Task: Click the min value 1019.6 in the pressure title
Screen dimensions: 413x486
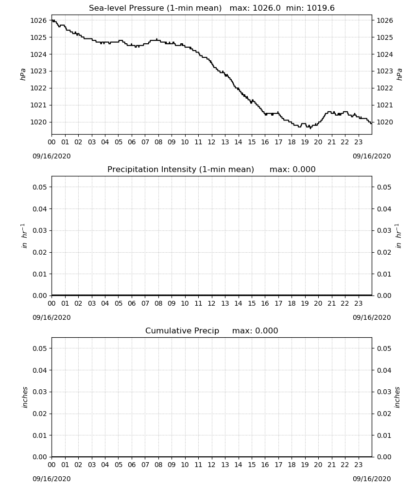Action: point(321,8)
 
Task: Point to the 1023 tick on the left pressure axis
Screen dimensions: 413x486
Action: point(38,71)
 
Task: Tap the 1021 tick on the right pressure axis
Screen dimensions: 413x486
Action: point(385,105)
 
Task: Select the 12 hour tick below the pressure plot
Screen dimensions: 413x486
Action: point(212,142)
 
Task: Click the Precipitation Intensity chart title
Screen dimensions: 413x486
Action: point(181,170)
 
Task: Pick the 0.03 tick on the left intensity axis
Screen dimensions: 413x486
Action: point(40,230)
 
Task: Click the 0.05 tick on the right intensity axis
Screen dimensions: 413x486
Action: point(384,187)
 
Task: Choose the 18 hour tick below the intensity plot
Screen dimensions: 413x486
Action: point(292,303)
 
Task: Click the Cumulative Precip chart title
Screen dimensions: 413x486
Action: point(182,330)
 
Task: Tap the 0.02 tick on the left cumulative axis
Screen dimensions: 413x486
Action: point(40,414)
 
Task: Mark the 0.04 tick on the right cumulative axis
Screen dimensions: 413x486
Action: point(384,370)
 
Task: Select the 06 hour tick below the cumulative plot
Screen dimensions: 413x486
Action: point(132,465)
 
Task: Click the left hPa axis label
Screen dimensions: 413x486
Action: point(23,74)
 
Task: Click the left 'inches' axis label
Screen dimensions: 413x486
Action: point(25,397)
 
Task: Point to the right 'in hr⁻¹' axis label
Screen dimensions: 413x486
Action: point(398,236)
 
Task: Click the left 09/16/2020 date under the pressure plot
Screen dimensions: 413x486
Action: point(52,156)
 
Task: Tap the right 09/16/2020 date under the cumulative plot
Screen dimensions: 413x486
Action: point(372,479)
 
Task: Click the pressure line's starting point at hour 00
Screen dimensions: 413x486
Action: point(52,20)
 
